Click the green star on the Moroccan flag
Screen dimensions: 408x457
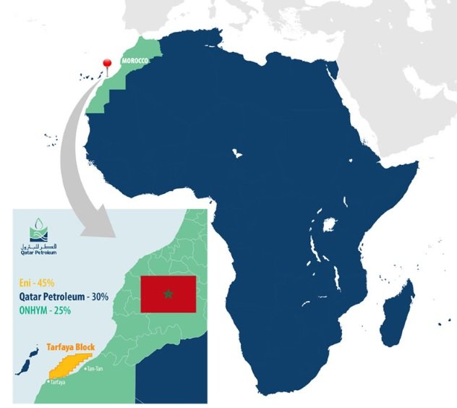tap(168, 294)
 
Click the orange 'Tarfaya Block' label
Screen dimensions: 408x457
tap(70, 347)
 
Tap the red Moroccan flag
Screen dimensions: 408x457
tap(168, 294)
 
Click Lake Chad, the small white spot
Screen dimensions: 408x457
tap(236, 153)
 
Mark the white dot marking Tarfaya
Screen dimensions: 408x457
tap(48, 381)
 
